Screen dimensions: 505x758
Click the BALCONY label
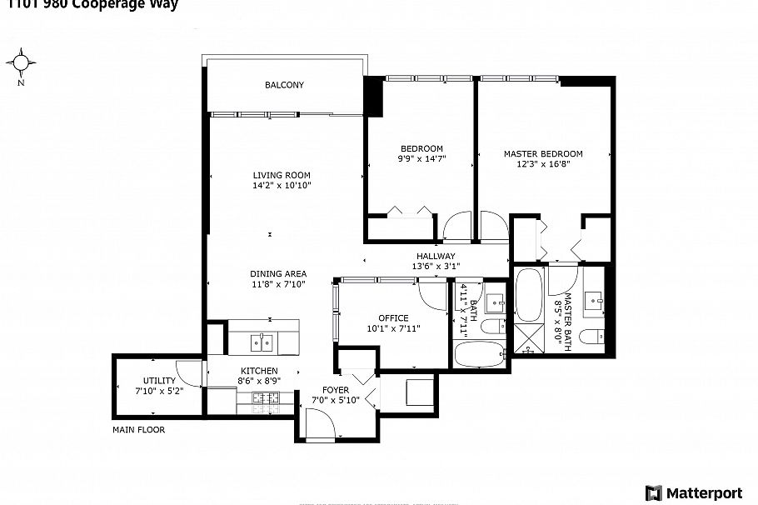point(284,85)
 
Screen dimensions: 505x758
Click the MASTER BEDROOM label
point(542,153)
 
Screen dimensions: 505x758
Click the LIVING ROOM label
point(282,175)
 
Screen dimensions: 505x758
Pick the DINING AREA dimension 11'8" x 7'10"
point(278,284)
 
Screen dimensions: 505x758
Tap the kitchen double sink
point(262,342)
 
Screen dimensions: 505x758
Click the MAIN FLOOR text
point(138,430)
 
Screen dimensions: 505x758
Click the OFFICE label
point(393,318)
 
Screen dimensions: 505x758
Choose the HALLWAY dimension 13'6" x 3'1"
point(436,267)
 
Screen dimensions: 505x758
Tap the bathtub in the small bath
point(479,354)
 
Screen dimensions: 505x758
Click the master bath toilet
point(592,337)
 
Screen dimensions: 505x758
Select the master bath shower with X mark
point(527,337)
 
